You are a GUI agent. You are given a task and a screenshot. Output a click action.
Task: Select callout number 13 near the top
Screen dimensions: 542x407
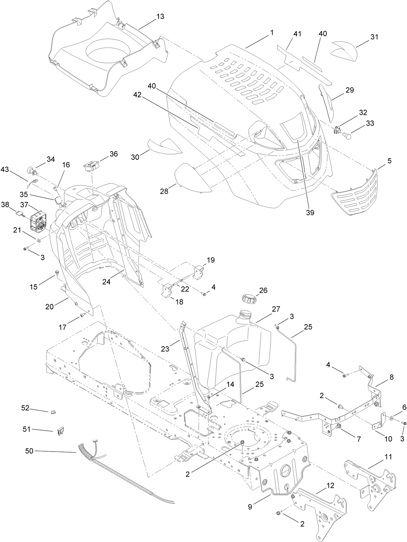[160, 17]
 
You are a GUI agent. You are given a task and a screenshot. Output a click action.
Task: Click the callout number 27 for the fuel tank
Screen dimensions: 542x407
[276, 309]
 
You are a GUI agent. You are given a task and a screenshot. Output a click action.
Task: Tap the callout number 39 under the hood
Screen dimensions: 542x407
[310, 212]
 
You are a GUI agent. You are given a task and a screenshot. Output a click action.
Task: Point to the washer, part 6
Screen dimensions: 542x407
[391, 418]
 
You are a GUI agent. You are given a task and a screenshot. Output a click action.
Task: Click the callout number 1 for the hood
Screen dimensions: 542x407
[272, 33]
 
